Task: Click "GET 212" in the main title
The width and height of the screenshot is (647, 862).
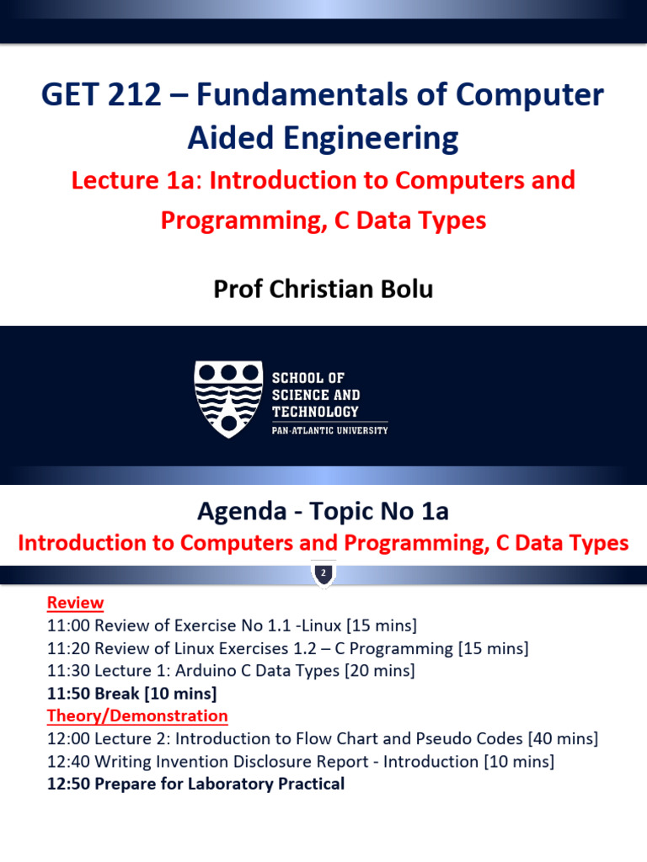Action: click(101, 96)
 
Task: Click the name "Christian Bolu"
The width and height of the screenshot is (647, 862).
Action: click(349, 289)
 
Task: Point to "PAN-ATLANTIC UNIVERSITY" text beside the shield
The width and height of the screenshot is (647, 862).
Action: click(329, 430)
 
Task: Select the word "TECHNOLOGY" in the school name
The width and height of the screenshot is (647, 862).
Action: click(315, 412)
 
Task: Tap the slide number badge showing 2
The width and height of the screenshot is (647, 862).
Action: click(323, 573)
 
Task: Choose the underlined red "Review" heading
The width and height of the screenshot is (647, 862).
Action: click(75, 603)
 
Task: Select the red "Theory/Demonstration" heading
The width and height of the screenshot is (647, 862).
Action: click(137, 716)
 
